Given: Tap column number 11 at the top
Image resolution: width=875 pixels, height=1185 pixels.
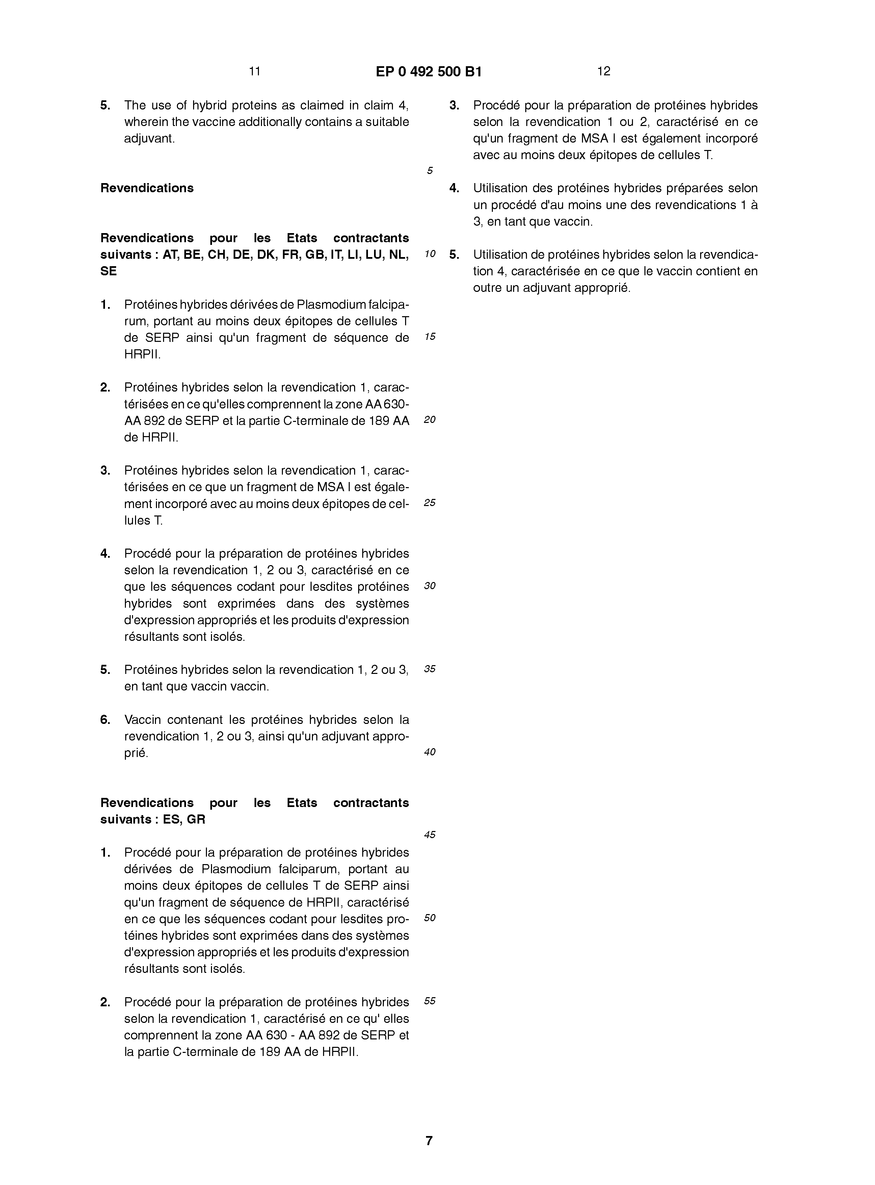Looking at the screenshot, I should (254, 71).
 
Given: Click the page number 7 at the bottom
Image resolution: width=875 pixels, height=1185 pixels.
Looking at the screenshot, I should (429, 1140).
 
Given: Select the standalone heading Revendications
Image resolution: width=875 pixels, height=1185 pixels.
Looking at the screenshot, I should (147, 188).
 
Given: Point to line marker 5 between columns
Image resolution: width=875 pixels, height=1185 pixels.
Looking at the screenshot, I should (429, 171).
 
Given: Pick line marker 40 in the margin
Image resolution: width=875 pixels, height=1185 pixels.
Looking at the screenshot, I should (429, 752).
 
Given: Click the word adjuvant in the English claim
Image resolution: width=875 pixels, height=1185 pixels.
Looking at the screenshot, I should (148, 139).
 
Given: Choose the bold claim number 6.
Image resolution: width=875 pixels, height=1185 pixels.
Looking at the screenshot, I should (105, 720).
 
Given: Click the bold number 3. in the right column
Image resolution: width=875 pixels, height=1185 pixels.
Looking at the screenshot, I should (454, 105).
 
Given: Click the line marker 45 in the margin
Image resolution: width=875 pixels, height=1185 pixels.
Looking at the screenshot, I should (429, 835).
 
